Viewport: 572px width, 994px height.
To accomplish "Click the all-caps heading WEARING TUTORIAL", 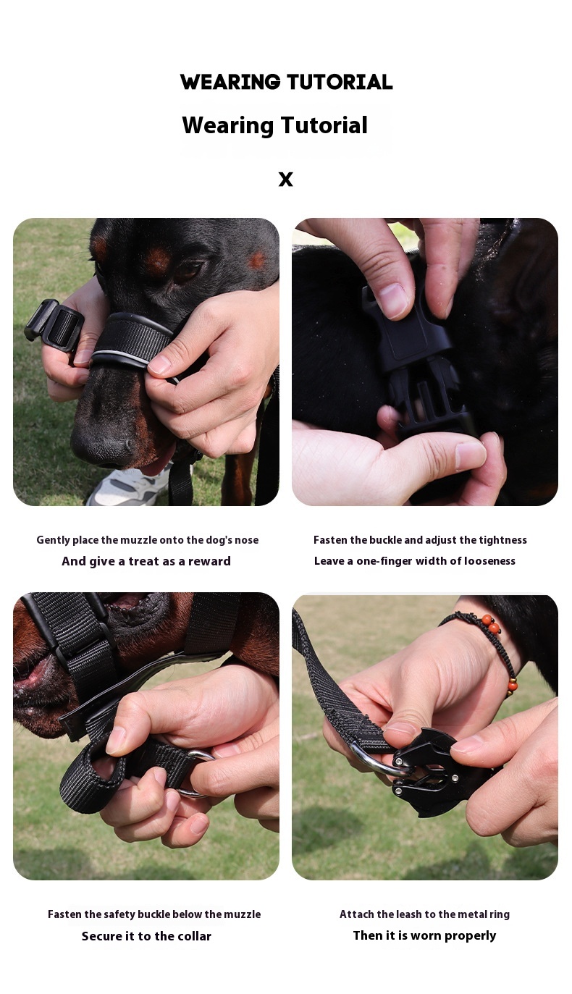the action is click(x=286, y=82).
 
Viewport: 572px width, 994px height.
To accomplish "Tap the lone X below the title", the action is click(x=286, y=179).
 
